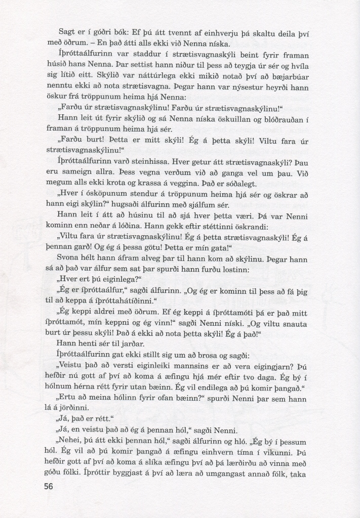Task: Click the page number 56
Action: [x=45, y=487]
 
